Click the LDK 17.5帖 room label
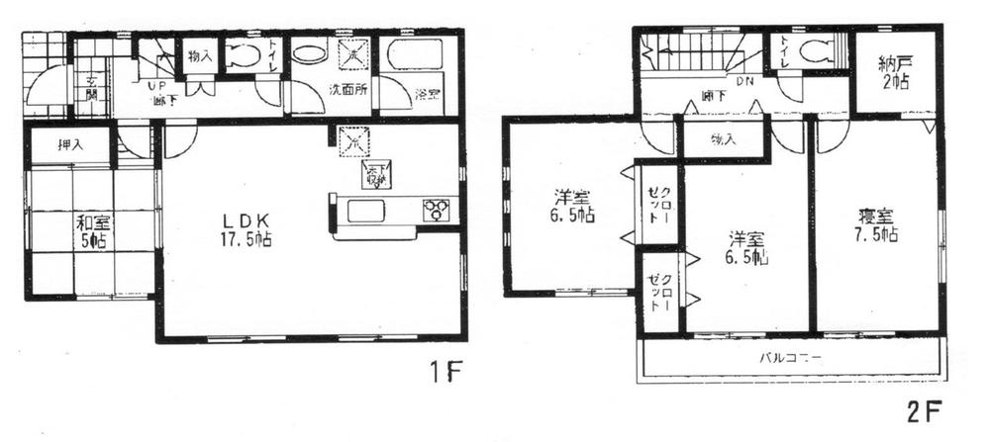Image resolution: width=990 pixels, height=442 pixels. [246, 228]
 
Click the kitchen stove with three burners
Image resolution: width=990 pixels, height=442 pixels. [437, 210]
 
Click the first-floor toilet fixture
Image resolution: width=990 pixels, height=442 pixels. [243, 56]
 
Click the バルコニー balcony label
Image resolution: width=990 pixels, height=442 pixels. [790, 357]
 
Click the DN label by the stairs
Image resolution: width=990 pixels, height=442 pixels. [742, 82]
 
